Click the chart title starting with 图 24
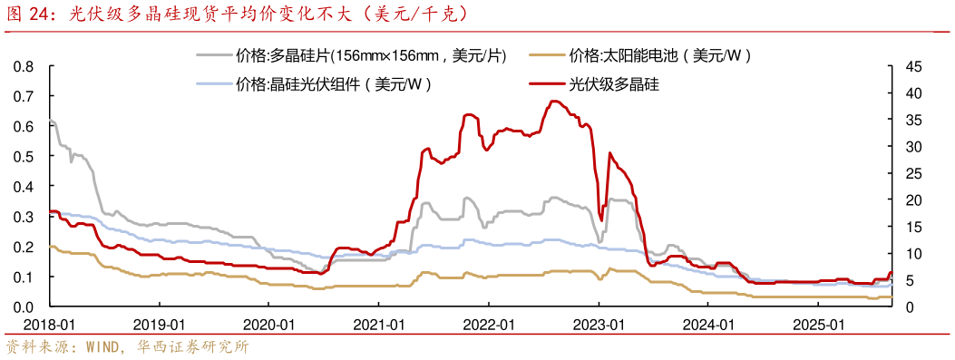tap(239, 14)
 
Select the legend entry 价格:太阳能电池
tap(661, 56)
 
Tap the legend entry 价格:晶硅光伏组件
tap(334, 84)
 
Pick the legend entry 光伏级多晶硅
tap(613, 84)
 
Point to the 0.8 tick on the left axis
tap(24, 67)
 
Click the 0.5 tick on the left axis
tap(24, 157)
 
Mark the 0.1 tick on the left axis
tap(24, 277)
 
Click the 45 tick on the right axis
tap(911, 67)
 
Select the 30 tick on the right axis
tap(911, 147)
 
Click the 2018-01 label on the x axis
tap(51, 324)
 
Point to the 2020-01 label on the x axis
tap(269, 324)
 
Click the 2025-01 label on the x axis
tap(819, 324)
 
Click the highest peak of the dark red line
tap(554, 102)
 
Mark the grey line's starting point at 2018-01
tap(51, 121)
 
